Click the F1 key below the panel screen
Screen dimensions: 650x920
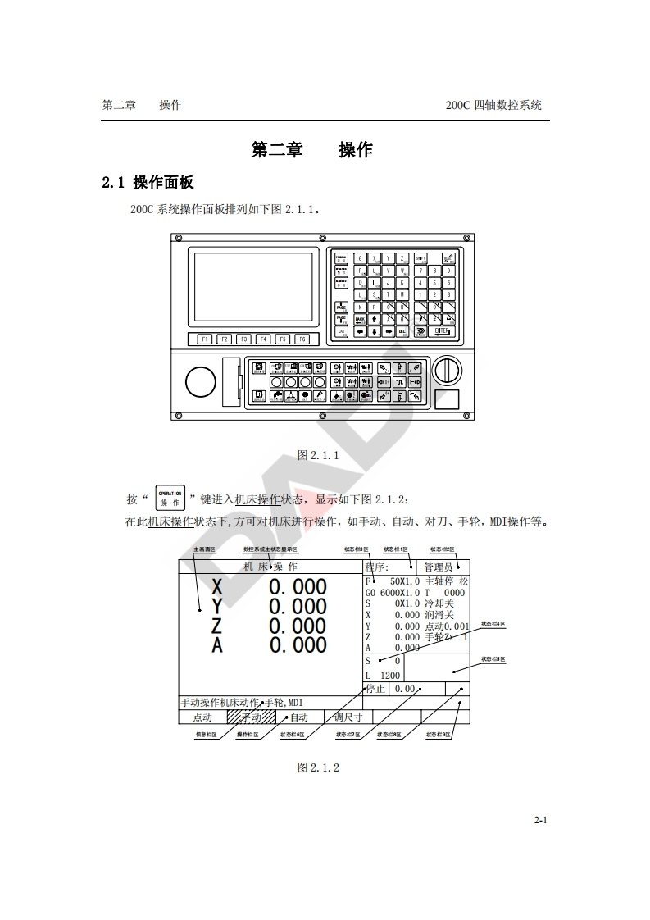(x=204, y=339)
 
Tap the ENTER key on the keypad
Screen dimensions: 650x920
(x=443, y=331)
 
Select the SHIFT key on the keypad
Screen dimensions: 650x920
(x=420, y=257)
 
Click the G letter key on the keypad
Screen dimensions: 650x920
(x=360, y=257)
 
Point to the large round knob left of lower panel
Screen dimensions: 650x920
(x=201, y=381)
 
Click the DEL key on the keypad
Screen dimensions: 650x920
(x=402, y=331)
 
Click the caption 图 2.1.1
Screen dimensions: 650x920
(x=317, y=455)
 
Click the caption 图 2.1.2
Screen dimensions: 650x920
(x=317, y=767)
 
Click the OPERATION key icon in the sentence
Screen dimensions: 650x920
(x=170, y=498)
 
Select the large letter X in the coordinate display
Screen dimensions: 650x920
(x=216, y=587)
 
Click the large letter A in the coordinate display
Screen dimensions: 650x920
(x=216, y=646)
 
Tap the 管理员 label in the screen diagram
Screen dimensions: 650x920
(x=438, y=567)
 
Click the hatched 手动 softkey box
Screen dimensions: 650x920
(x=251, y=717)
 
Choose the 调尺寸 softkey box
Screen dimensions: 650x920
(x=348, y=717)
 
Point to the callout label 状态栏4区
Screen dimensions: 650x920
(x=493, y=624)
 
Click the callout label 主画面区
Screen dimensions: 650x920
(x=204, y=549)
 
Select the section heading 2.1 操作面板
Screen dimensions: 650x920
(x=148, y=182)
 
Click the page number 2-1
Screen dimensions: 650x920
(x=540, y=820)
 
